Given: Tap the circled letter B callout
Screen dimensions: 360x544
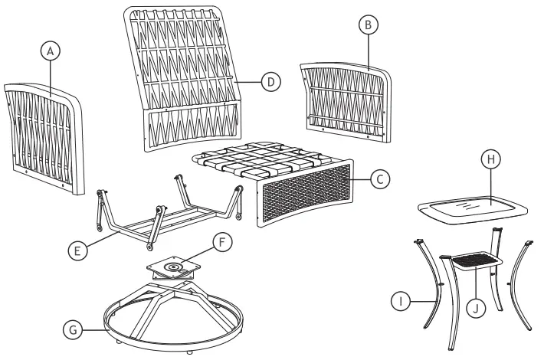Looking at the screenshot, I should pos(369,25).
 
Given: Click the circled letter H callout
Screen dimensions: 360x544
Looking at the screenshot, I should pos(490,159).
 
